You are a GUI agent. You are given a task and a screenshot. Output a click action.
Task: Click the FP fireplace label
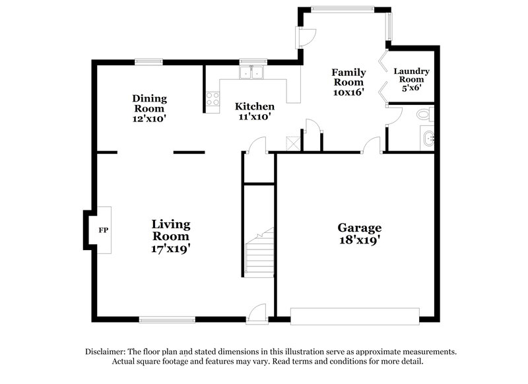(102, 230)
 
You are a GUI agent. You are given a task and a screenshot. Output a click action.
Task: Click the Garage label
(360, 228)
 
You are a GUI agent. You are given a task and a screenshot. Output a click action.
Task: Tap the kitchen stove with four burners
(213, 99)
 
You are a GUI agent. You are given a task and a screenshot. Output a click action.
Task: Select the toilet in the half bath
(424, 114)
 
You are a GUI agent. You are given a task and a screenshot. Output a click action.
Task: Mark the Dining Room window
(149, 62)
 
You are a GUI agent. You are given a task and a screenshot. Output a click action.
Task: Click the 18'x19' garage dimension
(360, 240)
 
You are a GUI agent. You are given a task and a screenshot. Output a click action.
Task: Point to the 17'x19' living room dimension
(171, 249)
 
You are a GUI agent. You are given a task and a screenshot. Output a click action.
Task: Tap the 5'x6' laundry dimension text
(411, 87)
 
